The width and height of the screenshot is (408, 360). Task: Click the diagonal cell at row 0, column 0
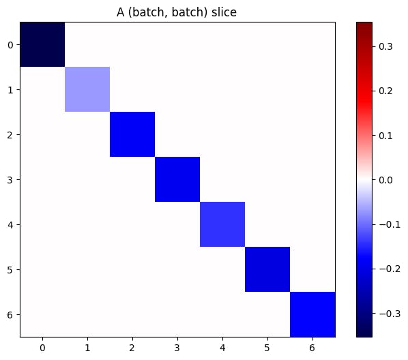42,45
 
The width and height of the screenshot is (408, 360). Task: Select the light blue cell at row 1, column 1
87,89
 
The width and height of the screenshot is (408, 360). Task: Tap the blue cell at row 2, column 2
132,134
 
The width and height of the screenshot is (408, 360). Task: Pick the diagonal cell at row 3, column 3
177,179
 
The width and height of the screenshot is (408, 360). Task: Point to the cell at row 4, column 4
222,224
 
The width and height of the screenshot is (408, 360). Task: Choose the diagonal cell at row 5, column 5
267,269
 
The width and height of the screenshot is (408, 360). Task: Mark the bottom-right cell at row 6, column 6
312,314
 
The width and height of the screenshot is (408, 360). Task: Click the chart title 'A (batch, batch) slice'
177,10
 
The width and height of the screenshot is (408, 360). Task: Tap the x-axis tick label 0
42,347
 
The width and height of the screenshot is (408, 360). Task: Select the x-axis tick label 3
177,347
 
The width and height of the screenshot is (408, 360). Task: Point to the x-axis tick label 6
312,347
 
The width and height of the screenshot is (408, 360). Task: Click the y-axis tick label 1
10,90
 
